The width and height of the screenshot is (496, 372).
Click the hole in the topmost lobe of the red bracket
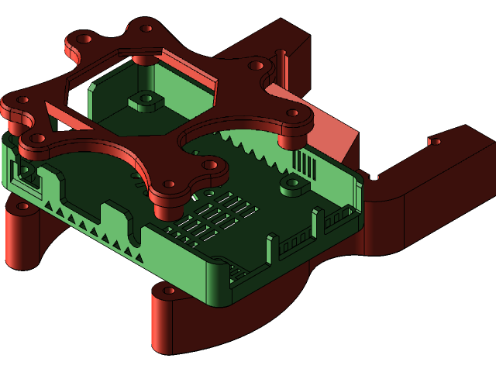point(146,27)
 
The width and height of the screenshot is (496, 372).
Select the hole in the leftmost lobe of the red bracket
point(22,99)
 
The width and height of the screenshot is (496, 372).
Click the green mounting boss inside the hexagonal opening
point(143,99)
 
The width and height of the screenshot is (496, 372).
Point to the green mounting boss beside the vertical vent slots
point(291,185)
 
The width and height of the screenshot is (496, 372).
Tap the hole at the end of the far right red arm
point(435,142)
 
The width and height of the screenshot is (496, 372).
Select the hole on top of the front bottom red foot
point(168,291)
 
